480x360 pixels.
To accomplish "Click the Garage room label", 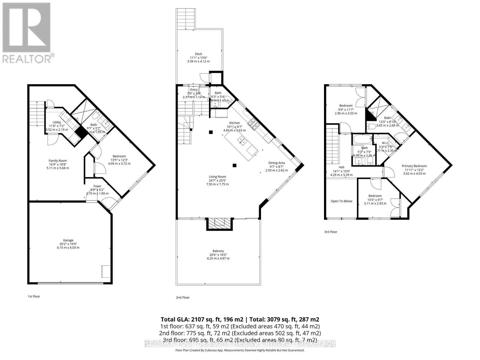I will tap(68, 240).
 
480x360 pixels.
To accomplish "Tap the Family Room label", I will tap(58, 161).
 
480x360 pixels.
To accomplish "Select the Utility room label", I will tap(57, 122).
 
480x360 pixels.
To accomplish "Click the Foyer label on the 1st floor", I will tap(97, 186).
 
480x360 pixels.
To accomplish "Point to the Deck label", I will tap(198, 54).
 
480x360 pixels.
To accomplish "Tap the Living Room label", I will tap(217, 177).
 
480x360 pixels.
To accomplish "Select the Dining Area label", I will tap(276, 163).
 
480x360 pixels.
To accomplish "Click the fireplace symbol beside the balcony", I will tap(219, 223).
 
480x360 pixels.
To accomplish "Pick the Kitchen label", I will tap(235, 123).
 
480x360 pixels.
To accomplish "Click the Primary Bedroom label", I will tap(414, 166).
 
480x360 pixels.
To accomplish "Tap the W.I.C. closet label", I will tap(386, 143).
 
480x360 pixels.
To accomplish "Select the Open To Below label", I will tap(341, 201).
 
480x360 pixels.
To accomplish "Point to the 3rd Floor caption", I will tap(331, 232).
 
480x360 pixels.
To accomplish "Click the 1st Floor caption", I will tap(34, 296).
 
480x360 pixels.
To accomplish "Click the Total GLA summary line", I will tap(240, 319).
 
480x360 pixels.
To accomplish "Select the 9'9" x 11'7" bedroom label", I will tap(346, 106).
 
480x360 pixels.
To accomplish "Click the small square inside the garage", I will tap(106, 271).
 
